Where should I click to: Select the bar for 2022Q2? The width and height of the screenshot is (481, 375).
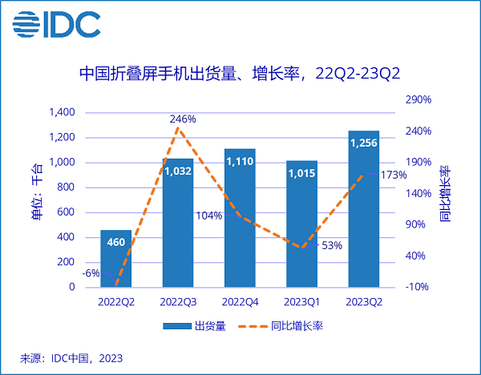coord(115,258)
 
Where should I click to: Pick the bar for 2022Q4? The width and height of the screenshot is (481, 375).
coord(240,217)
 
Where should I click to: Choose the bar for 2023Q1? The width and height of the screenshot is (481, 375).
coord(301,224)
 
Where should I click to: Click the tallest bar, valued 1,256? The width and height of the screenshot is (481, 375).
coord(363,208)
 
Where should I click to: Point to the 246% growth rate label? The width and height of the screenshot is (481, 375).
coord(183,119)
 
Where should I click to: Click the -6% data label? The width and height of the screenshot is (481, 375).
coord(91,273)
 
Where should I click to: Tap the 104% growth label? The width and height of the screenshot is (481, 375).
coord(208,216)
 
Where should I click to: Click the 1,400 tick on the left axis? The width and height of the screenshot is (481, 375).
coord(61,113)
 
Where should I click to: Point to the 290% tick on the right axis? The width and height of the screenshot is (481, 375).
coord(418,99)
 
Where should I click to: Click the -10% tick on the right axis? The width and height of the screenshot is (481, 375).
coord(418,287)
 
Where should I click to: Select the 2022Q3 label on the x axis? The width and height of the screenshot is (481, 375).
coord(178,302)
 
